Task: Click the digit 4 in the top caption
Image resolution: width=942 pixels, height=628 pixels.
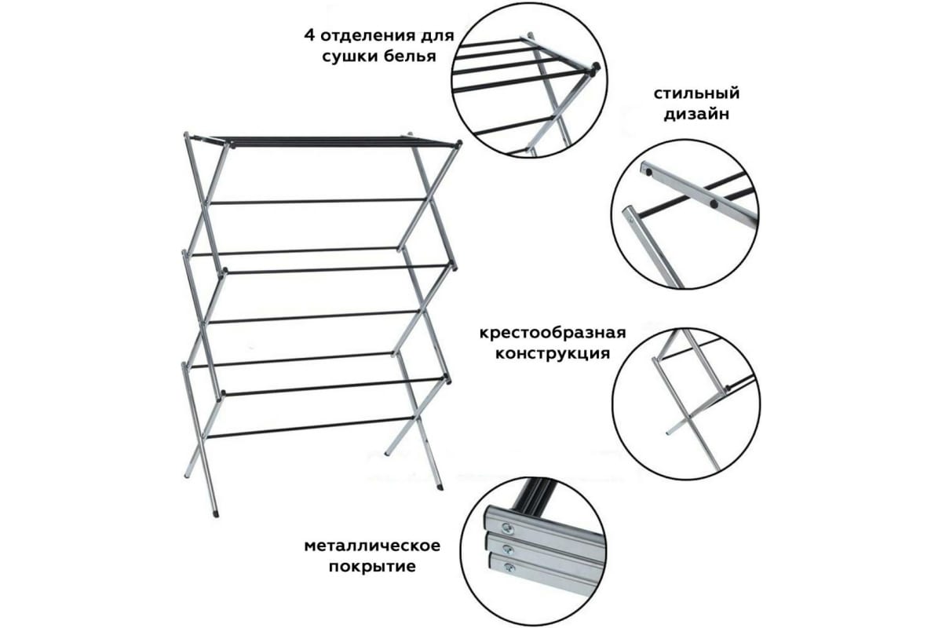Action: pyautogui.click(x=309, y=35)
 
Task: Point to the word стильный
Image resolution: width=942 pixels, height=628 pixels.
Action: pyautogui.click(x=696, y=93)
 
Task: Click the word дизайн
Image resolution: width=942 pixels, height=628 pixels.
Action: pyautogui.click(x=696, y=115)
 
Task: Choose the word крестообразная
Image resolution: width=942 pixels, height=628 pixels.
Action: pyautogui.click(x=553, y=333)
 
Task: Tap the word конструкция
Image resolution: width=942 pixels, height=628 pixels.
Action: pyautogui.click(x=553, y=353)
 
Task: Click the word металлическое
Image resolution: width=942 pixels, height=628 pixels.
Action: pyautogui.click(x=372, y=546)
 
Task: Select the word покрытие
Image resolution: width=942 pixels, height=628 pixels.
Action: pyautogui.click(x=372, y=566)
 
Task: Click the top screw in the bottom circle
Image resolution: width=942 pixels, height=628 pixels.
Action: pyautogui.click(x=507, y=528)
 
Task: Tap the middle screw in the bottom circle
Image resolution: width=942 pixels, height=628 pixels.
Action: pyautogui.click(x=508, y=549)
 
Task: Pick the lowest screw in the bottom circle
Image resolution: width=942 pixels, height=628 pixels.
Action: pyautogui.click(x=509, y=568)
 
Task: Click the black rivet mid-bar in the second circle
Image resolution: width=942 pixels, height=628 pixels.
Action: pyautogui.click(x=714, y=204)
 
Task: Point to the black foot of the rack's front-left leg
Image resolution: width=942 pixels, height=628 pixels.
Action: pyautogui.click(x=216, y=513)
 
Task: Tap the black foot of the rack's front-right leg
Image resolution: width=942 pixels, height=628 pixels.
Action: pyautogui.click(x=440, y=487)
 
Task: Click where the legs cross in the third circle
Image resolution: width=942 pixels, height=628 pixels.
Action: pyautogui.click(x=688, y=418)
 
